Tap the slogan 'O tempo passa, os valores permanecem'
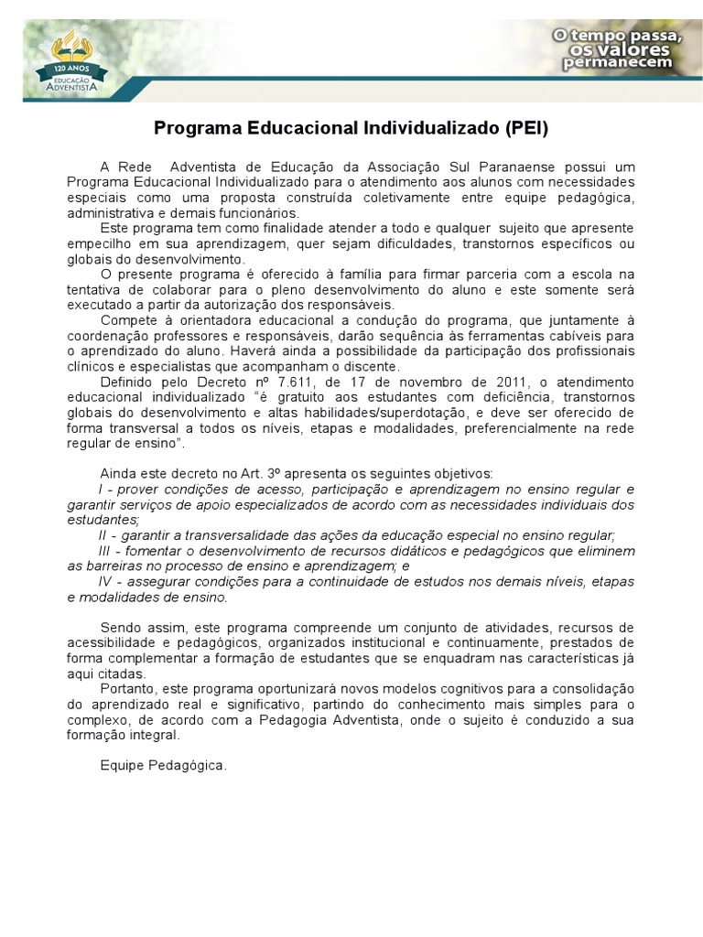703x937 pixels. pos(616,48)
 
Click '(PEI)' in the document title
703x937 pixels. pos(525,128)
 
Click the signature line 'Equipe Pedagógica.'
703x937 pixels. pos(163,765)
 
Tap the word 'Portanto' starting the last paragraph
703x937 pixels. pos(127,688)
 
